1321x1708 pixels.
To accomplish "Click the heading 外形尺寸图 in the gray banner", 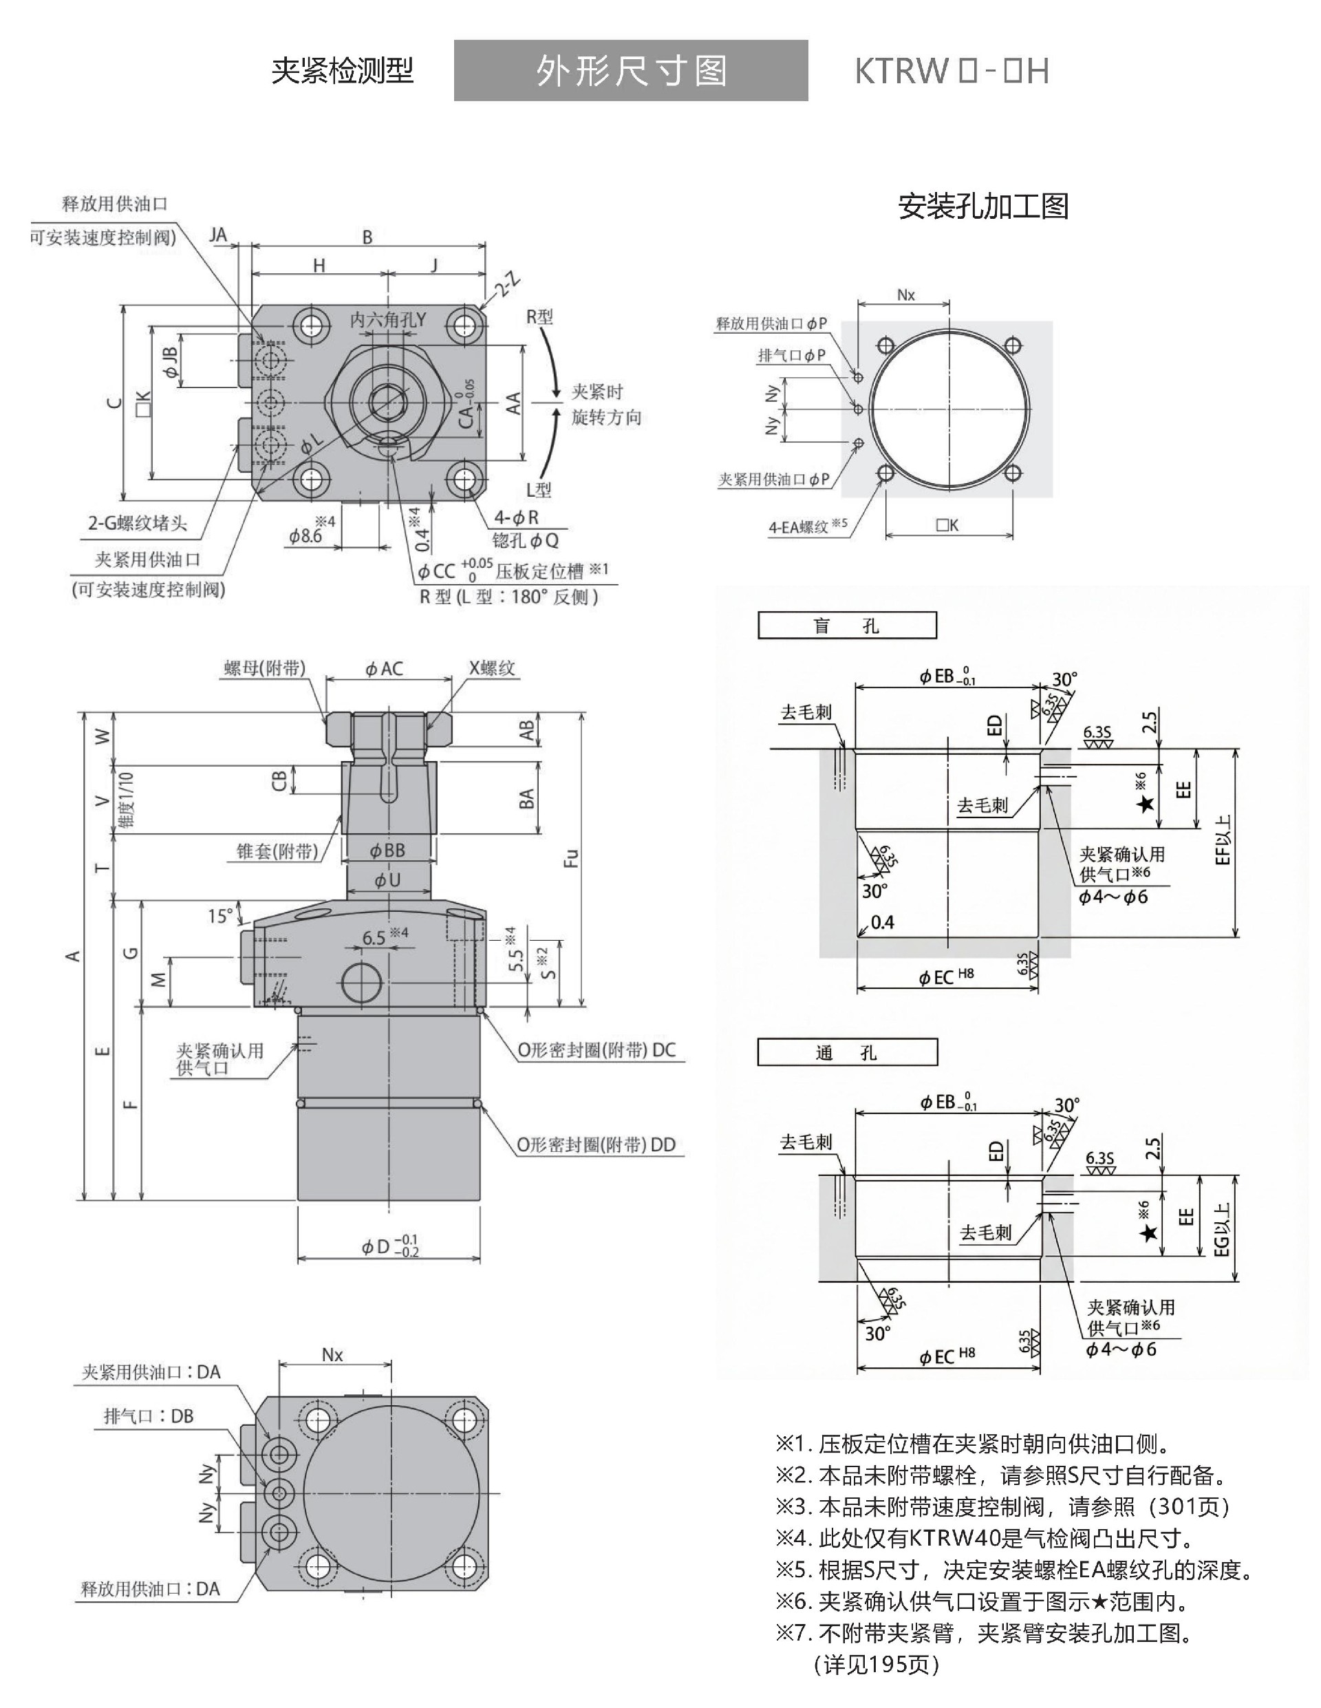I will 630,71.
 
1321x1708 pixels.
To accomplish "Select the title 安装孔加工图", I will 983,206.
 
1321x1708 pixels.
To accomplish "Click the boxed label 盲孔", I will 846,626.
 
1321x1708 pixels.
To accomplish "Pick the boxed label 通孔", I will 846,1053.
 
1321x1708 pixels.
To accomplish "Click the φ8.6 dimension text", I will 305,535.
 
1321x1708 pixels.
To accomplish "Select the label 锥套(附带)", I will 278,851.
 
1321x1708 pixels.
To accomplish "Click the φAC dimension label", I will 384,669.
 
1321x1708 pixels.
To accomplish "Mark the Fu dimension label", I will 572,858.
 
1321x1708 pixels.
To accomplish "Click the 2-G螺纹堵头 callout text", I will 138,522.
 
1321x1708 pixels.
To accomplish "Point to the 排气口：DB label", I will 149,1416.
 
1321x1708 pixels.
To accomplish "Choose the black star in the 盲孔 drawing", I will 1146,803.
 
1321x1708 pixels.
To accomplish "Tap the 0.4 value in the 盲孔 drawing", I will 882,923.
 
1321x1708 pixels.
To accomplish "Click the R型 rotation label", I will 539,317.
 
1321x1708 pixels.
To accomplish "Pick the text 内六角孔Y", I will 388,319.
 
